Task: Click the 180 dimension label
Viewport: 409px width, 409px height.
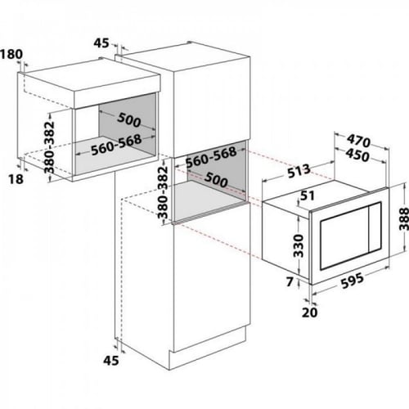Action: click(11, 54)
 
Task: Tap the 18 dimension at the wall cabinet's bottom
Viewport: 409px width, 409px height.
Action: click(16, 179)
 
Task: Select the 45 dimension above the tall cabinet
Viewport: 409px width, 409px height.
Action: click(101, 43)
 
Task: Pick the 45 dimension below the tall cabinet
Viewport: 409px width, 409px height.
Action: click(111, 361)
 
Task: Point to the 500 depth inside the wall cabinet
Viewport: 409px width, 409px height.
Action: click(129, 120)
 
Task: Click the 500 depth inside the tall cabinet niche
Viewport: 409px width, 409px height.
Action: click(216, 180)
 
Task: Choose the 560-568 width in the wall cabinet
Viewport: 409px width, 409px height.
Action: click(116, 145)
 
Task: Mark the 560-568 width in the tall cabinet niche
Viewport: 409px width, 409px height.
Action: click(211, 158)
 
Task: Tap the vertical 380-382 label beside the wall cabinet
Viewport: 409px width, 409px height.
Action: click(50, 147)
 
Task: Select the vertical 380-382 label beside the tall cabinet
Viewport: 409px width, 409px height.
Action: click(164, 192)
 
